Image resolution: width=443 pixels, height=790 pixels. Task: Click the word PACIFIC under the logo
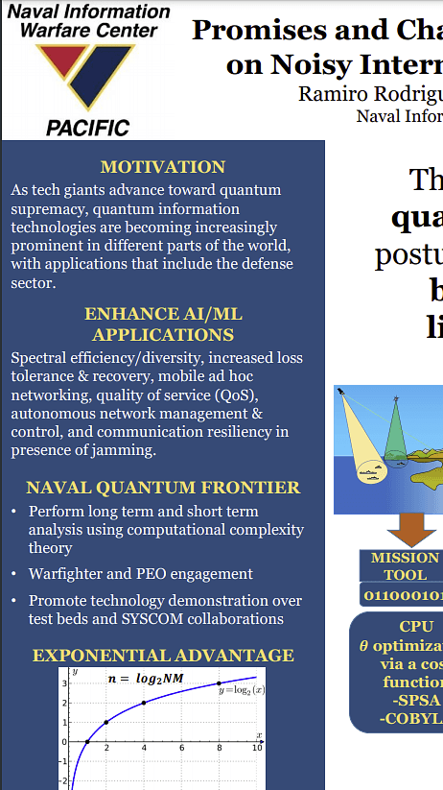[x=87, y=127]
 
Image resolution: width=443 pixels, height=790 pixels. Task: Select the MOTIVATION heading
[x=163, y=167]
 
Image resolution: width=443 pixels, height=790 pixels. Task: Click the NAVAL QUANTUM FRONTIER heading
[x=163, y=488]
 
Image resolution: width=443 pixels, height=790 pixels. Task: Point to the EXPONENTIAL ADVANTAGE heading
[x=163, y=656]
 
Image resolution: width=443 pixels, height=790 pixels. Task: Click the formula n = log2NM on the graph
[x=144, y=679]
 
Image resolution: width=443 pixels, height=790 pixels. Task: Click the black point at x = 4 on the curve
[x=144, y=703]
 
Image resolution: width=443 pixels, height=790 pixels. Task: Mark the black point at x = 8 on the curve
[x=220, y=683]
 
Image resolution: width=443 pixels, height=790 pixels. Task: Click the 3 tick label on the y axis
[x=64, y=683]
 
